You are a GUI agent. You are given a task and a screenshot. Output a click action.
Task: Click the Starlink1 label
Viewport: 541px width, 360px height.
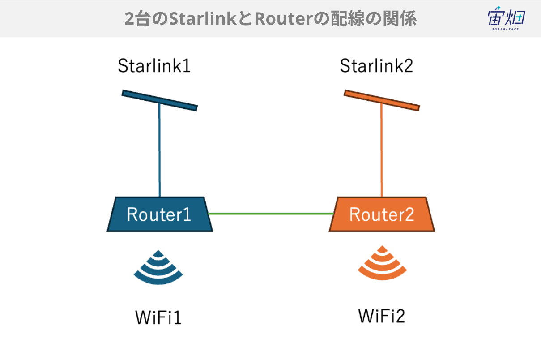[x=154, y=65]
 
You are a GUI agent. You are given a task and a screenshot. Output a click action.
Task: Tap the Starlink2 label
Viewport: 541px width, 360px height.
[x=376, y=65]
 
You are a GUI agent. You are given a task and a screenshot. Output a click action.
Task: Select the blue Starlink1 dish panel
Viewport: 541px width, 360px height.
[x=160, y=100]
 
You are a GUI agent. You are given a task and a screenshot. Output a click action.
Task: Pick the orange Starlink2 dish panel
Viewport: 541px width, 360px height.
[x=382, y=100]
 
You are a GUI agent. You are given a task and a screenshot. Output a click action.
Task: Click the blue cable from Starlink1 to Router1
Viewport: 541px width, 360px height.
[x=160, y=150]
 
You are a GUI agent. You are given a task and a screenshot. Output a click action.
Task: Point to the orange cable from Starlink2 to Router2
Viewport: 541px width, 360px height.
[x=382, y=150]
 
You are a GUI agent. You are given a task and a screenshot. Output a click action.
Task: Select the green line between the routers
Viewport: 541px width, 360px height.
[x=271, y=214]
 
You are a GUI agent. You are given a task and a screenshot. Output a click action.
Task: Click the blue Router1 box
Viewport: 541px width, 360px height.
[x=160, y=214]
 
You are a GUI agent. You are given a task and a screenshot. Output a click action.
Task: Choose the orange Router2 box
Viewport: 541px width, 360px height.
[x=382, y=214]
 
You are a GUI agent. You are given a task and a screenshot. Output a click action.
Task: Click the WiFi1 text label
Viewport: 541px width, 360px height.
[x=158, y=317]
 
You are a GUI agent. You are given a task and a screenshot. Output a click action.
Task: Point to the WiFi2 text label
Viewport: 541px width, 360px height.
[x=382, y=316]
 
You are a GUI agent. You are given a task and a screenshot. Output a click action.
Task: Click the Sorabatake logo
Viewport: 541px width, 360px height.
[x=506, y=18]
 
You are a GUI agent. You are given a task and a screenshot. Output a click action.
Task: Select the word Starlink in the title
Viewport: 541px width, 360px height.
[x=203, y=19]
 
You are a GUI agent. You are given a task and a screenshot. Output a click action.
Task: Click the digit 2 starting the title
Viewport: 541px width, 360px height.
[x=129, y=19]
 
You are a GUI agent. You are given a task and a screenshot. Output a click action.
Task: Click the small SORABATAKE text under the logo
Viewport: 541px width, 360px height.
[x=505, y=29]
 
